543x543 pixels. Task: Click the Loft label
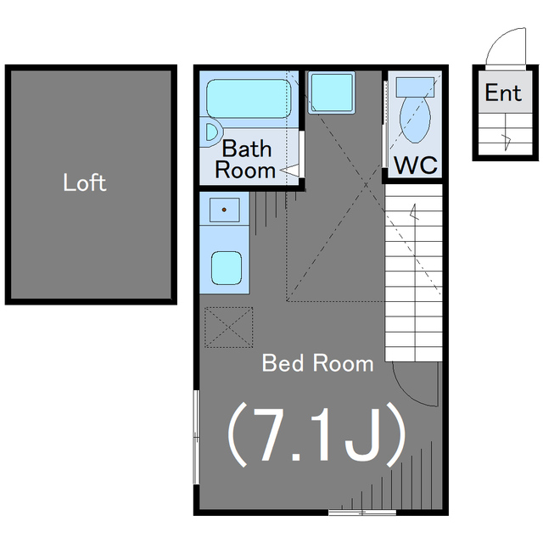click(85, 182)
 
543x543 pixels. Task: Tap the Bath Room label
click(245, 160)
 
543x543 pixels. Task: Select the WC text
click(416, 165)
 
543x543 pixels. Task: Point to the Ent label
click(503, 92)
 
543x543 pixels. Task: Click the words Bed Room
click(317, 363)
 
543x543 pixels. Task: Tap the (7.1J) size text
click(316, 434)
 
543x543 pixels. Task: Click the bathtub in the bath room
click(249, 98)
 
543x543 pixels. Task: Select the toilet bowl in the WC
click(415, 120)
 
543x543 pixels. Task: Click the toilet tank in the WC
click(415, 87)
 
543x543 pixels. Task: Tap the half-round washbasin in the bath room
click(211, 132)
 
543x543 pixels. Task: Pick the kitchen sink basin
click(227, 268)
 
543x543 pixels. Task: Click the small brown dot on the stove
click(224, 210)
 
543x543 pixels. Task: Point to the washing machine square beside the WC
click(332, 92)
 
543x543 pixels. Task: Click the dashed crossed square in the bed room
click(228, 327)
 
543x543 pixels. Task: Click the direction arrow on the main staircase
click(414, 212)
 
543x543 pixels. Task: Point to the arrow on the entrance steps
click(507, 142)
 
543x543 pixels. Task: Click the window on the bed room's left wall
click(196, 437)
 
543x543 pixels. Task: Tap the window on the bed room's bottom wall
click(362, 512)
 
